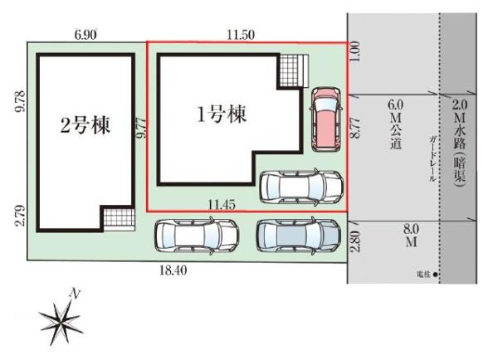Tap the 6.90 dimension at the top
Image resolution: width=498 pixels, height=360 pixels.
pyautogui.click(x=85, y=34)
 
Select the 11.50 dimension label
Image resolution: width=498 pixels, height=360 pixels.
pyautogui.click(x=242, y=34)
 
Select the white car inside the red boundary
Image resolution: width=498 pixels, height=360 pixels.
pyautogui.click(x=300, y=187)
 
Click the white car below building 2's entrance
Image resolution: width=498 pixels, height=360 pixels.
pyautogui.click(x=196, y=236)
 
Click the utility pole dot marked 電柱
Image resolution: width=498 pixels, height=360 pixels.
pyautogui.click(x=436, y=274)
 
